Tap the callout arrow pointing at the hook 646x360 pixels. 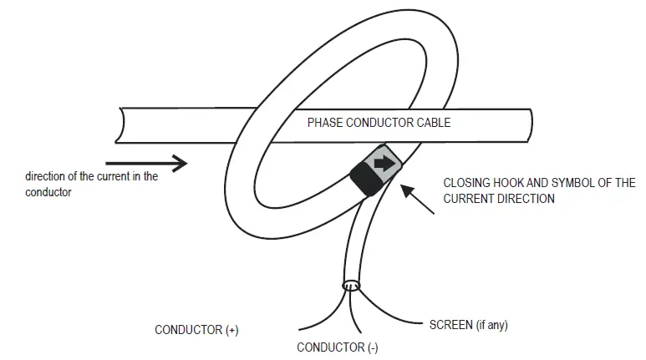tap(418, 199)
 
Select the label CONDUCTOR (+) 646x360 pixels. tap(196, 330)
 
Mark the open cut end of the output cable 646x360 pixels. tap(352, 286)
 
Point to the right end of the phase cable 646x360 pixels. tap(527, 125)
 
